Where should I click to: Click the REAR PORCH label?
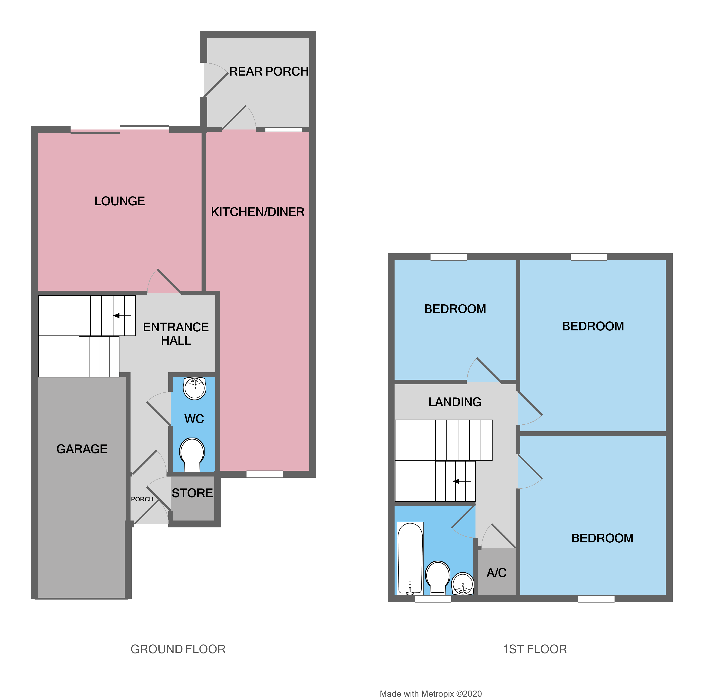(x=269, y=71)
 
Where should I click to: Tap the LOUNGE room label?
(x=120, y=201)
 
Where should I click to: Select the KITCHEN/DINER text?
(x=258, y=212)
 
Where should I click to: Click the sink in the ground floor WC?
(x=194, y=388)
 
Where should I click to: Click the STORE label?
(x=192, y=493)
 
